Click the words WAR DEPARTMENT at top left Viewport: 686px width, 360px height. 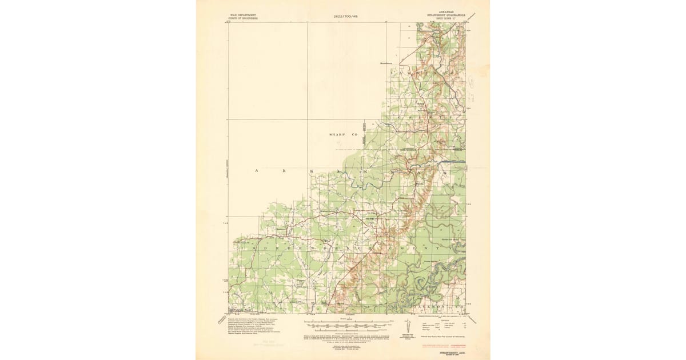[x=243, y=14]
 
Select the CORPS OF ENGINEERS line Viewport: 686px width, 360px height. [x=243, y=18]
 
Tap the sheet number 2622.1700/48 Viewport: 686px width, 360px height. [x=349, y=17]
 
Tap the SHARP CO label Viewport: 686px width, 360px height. [x=342, y=134]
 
